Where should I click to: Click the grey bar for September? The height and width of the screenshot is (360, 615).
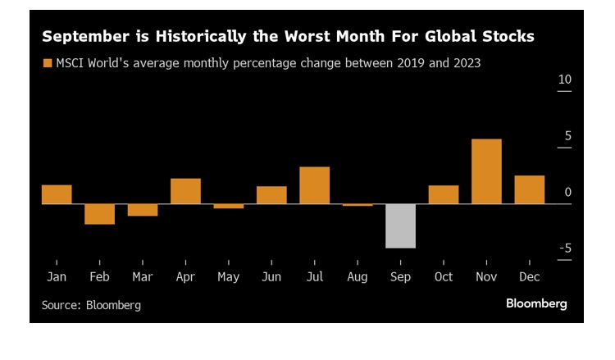(400, 226)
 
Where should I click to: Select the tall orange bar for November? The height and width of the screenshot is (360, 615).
(486, 171)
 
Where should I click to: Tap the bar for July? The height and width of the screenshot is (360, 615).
(314, 185)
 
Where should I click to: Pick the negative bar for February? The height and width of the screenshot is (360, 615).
(100, 214)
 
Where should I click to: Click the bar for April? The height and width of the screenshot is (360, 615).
(185, 191)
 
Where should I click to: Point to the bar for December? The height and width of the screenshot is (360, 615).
(529, 189)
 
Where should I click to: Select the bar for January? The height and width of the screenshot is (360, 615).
(57, 194)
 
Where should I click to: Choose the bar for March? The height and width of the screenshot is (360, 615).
(143, 210)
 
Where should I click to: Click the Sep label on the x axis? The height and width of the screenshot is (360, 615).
(400, 277)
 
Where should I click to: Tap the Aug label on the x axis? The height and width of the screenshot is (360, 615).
(358, 277)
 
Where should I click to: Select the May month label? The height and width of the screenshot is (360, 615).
(229, 277)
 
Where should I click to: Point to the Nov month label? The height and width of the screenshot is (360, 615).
(486, 277)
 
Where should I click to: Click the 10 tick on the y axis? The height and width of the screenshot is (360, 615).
(564, 80)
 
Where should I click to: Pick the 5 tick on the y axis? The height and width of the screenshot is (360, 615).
(567, 136)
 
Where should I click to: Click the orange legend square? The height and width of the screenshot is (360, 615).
(47, 63)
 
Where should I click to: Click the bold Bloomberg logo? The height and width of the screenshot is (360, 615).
(536, 303)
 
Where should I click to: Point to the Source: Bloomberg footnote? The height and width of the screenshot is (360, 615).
(91, 305)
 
